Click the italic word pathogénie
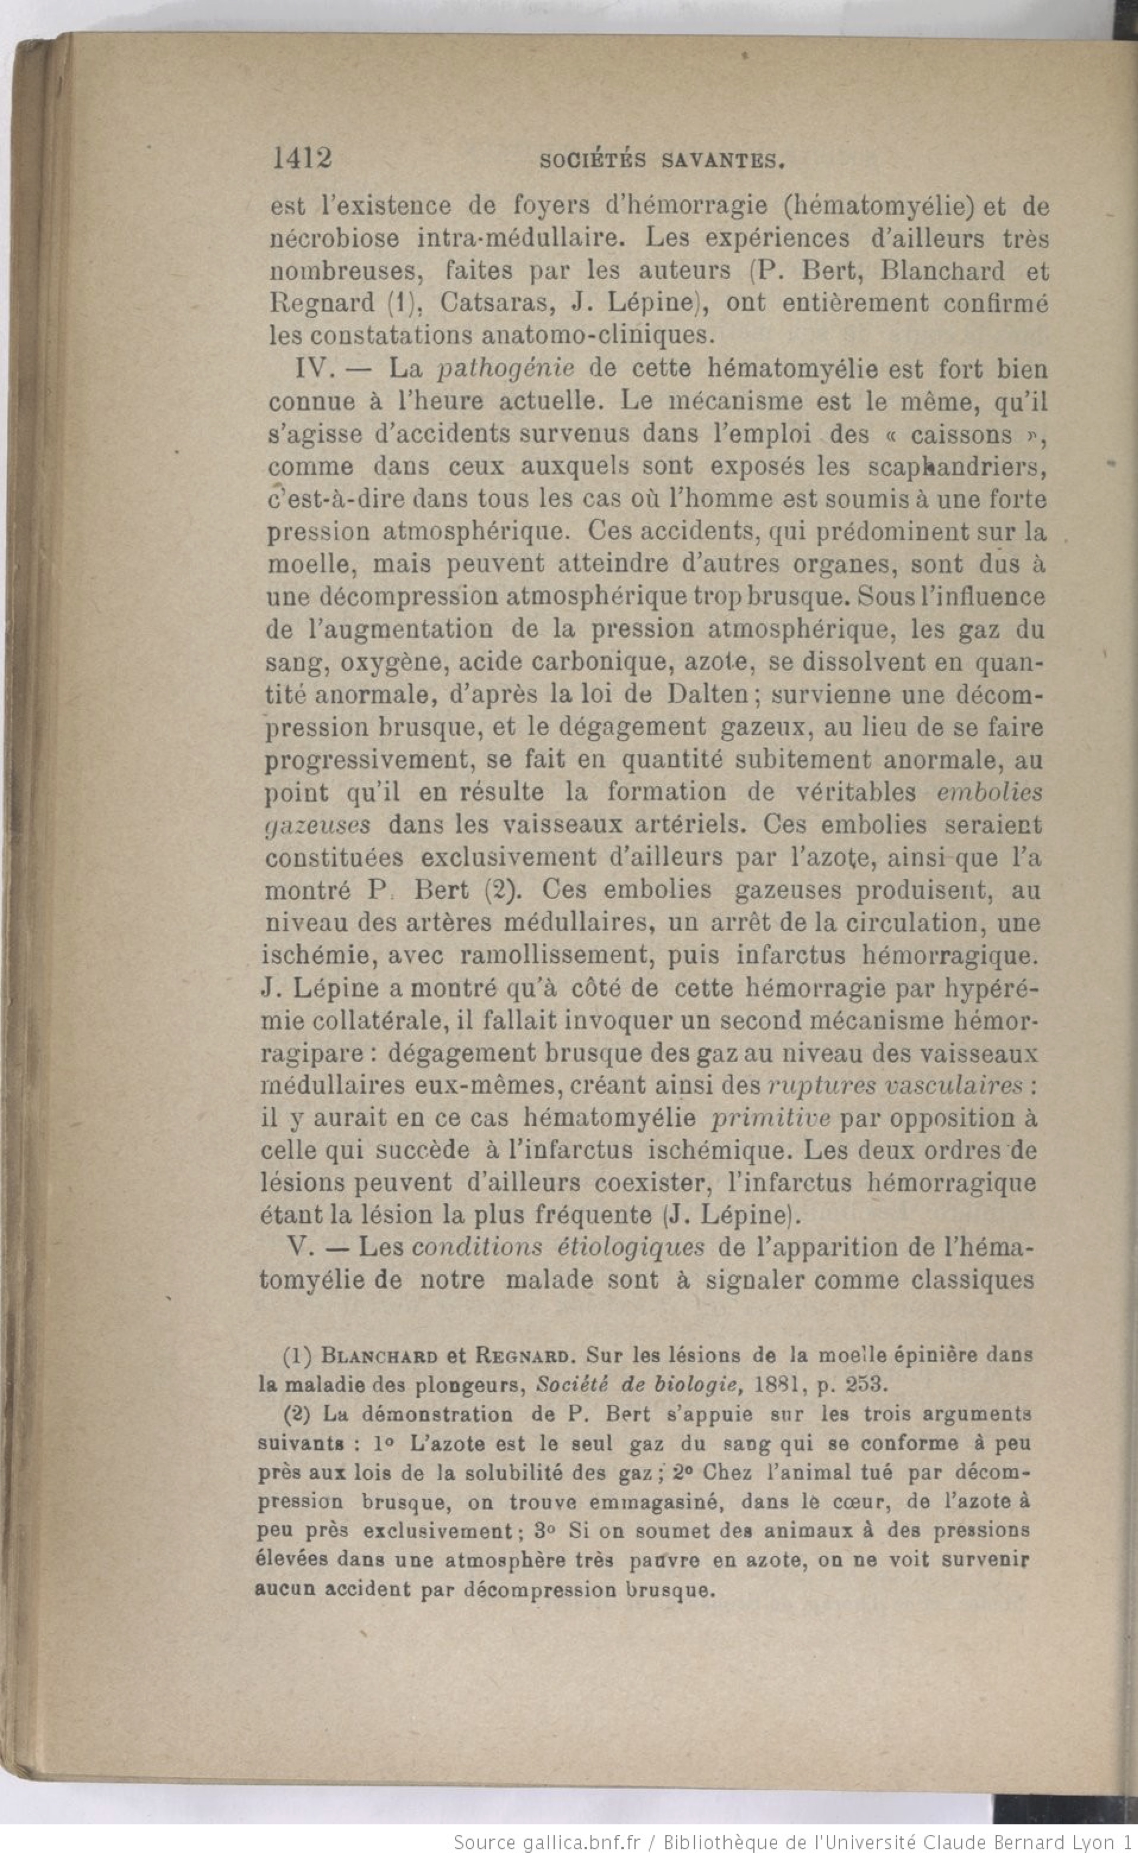tap(506, 369)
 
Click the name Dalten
tap(708, 695)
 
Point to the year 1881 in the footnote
tap(784, 1384)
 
